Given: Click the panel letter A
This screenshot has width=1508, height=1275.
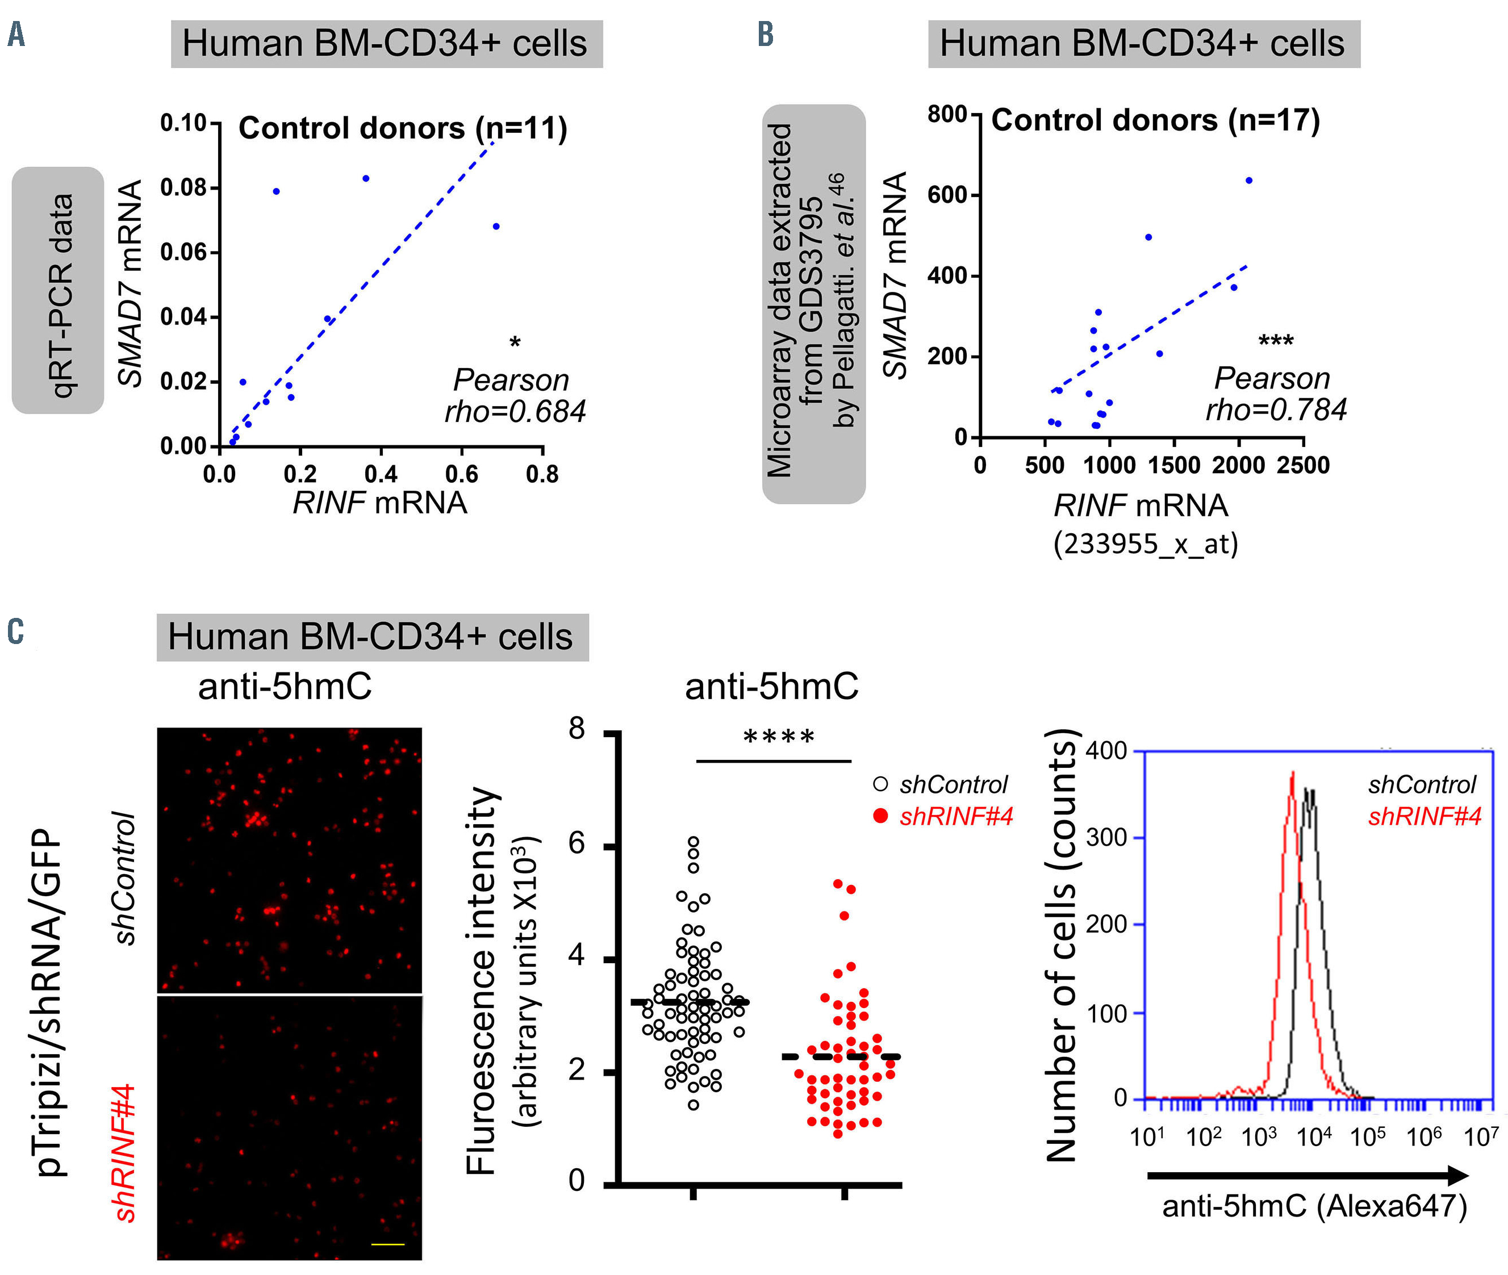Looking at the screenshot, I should (x=16, y=34).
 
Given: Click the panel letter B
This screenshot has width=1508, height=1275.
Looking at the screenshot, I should (x=766, y=34).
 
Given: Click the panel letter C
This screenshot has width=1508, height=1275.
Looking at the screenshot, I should (x=15, y=631).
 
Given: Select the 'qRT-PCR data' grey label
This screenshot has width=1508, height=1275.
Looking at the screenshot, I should (x=59, y=291).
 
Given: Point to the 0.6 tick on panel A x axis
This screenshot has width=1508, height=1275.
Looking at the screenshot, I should (x=461, y=474).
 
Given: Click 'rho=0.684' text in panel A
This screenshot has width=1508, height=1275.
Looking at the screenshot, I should (x=515, y=412).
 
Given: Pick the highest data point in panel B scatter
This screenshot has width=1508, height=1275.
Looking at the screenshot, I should (x=1248, y=181).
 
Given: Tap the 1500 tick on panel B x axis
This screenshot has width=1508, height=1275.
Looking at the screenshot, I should (x=1173, y=465).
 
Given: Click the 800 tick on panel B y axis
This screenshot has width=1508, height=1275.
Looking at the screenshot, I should (x=947, y=114).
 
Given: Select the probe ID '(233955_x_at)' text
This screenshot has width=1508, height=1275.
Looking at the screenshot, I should (x=1146, y=544).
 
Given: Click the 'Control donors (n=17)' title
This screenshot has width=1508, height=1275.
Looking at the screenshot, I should (x=1155, y=120).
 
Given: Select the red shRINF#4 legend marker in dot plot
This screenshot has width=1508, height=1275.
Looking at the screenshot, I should (x=880, y=816).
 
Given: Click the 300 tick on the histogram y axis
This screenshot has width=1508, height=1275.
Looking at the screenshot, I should (x=1108, y=838).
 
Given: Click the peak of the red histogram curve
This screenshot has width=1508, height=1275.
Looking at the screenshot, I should (x=1292, y=774).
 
